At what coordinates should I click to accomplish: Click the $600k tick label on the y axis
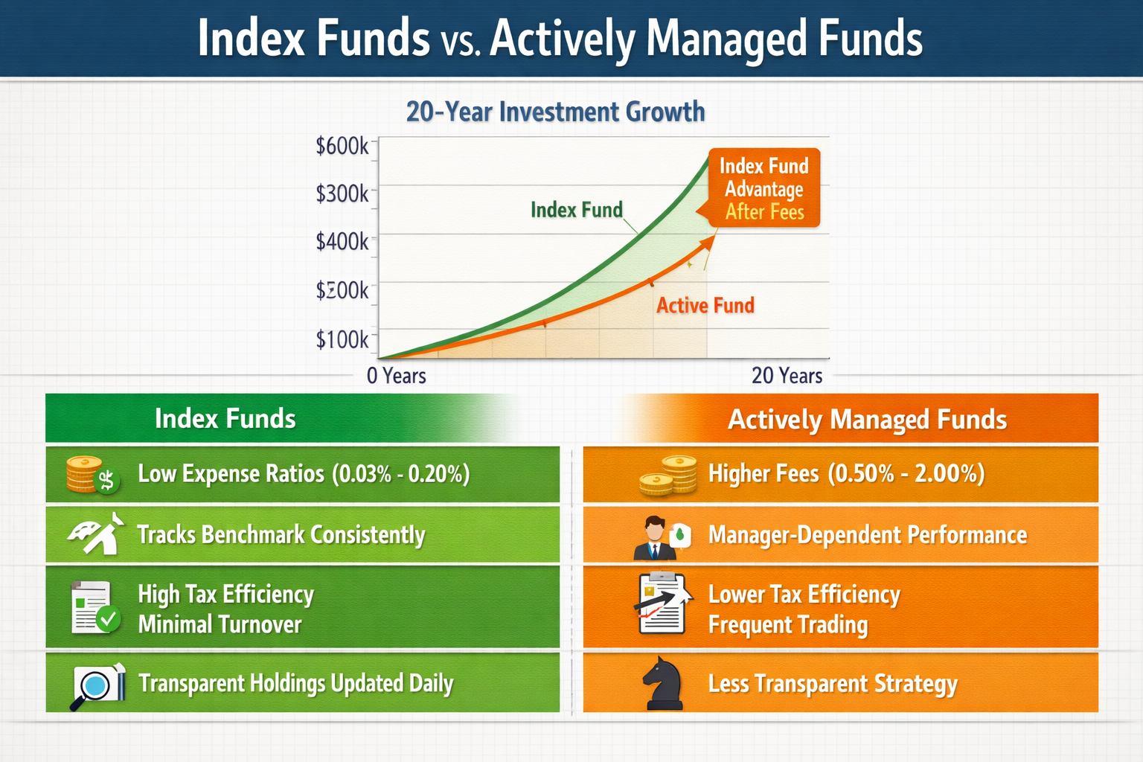tap(342, 146)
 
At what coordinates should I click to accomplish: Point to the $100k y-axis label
tap(342, 339)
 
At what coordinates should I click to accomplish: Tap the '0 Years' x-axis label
tap(396, 376)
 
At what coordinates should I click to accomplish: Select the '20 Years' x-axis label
tap(787, 376)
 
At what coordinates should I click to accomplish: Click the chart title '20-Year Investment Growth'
tap(555, 112)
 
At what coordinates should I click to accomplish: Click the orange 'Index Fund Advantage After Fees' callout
tap(763, 188)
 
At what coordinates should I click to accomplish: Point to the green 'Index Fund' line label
tap(576, 210)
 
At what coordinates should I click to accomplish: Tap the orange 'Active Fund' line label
tap(705, 305)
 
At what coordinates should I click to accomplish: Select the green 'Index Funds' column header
tap(225, 419)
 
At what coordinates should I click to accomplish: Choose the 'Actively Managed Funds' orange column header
tap(866, 420)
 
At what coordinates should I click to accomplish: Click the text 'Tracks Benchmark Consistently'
tap(281, 535)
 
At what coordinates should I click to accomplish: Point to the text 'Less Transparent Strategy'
tap(833, 684)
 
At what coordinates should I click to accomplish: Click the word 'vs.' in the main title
tap(460, 42)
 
